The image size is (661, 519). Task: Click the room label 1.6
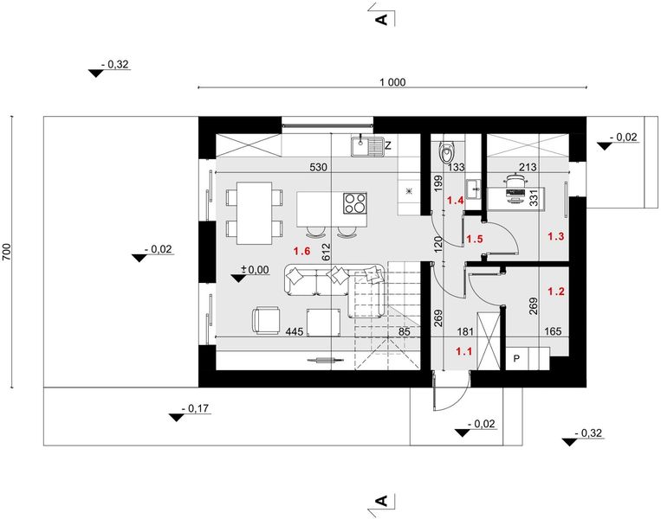(301, 251)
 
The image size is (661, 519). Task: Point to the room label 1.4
(455, 201)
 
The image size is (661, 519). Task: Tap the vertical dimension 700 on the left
(7, 252)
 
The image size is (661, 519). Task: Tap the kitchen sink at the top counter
(366, 146)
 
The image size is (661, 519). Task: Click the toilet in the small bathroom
(446, 152)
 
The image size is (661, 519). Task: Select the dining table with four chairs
(254, 213)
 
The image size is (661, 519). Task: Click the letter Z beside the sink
(389, 145)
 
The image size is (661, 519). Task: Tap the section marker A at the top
(379, 17)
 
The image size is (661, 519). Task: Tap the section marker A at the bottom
(379, 501)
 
